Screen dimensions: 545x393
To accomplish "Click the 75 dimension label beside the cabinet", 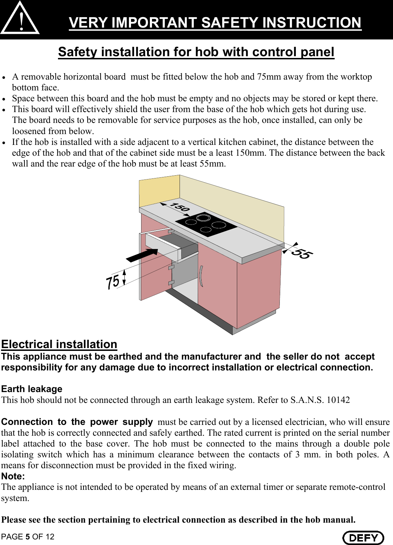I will pos(113,282).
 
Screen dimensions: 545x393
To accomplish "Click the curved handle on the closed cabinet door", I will pos(202,276).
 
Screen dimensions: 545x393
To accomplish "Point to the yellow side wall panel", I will pos(159,192).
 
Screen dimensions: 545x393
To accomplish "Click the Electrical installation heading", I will pos(59,344).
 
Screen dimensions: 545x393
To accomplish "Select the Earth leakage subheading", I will pos(32,389).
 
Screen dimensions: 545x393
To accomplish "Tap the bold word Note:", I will pos(13,476).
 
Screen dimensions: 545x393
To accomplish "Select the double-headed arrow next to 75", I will pos(124,277).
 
